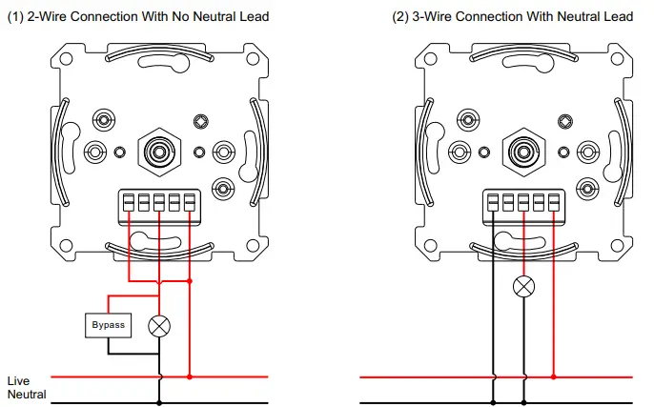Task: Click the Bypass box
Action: pos(108,325)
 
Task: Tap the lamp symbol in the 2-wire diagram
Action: pos(159,325)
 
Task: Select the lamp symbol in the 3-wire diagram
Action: pos(522,285)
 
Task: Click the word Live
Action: pos(18,380)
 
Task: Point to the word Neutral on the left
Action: pos(27,394)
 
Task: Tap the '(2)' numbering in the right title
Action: pos(400,16)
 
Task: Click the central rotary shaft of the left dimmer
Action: pos(159,151)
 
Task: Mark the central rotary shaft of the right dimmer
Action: pos(521,151)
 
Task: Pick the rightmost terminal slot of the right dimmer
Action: pos(552,202)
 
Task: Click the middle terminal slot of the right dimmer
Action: pos(522,202)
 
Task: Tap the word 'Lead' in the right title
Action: pos(618,16)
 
